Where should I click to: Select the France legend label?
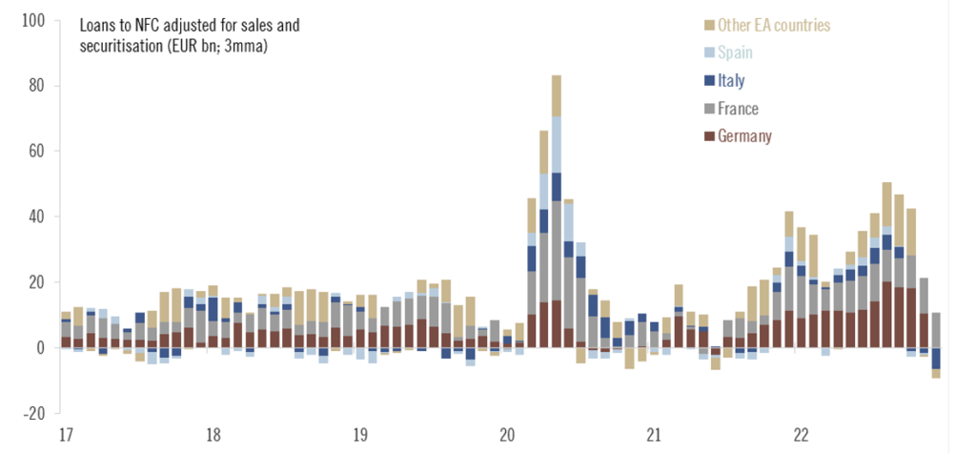739,109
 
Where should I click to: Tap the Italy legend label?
731,81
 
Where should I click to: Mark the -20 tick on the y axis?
34,413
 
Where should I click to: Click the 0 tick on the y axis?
40,348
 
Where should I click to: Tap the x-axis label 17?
66,436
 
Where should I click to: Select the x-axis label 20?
507,436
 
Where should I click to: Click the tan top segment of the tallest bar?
557,95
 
